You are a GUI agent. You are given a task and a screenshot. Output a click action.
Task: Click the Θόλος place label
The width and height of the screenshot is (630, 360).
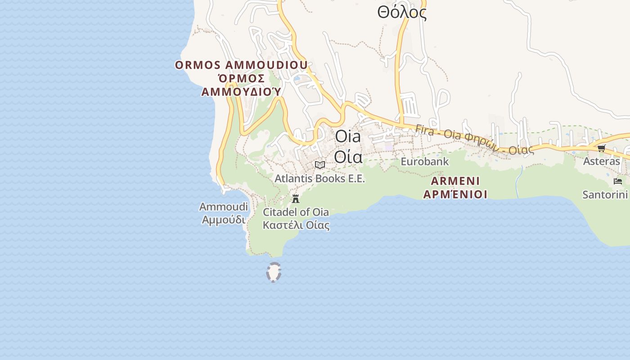[402, 13]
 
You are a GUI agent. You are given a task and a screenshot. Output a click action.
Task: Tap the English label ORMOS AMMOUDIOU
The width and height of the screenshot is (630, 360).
[241, 65]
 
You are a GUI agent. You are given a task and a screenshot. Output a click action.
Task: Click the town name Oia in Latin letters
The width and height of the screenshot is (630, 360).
[348, 137]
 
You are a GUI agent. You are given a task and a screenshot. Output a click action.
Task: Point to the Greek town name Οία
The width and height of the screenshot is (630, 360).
[348, 157]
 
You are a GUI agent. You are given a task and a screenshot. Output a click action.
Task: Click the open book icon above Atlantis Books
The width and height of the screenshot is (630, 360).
[320, 165]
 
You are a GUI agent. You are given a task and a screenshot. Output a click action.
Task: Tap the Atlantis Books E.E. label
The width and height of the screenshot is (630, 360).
[320, 179]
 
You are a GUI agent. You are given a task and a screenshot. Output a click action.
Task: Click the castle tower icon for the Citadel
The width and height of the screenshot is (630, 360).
[296, 198]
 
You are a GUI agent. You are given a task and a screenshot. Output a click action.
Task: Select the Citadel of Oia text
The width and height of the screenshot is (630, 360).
[296, 212]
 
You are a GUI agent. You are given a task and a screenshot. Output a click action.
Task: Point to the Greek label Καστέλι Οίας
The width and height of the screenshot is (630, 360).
[296, 225]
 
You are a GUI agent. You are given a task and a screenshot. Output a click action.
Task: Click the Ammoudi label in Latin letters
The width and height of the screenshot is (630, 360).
[224, 207]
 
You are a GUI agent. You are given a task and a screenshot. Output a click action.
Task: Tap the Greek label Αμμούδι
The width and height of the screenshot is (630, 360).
[224, 220]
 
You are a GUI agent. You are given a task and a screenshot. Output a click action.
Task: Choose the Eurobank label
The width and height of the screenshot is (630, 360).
[425, 161]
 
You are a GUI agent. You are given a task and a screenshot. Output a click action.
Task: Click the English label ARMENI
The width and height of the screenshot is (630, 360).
[455, 181]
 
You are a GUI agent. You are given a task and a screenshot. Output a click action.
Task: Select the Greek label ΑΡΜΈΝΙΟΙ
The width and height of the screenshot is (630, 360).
[455, 194]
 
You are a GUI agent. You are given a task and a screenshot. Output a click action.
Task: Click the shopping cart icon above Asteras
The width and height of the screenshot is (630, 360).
[601, 148]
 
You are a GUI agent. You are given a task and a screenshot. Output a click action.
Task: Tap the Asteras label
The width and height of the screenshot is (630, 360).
[601, 161]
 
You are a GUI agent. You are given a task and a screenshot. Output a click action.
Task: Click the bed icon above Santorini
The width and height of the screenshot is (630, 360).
[618, 181]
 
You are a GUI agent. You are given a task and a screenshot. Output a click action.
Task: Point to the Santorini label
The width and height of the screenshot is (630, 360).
[605, 195]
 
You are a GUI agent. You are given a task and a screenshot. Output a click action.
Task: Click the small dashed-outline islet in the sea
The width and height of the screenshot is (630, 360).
[274, 272]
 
